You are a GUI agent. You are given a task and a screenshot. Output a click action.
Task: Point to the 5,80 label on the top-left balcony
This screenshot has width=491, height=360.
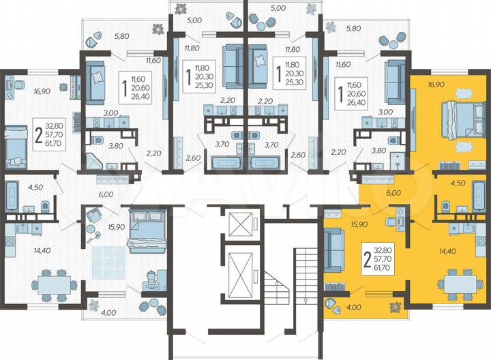pyautogui.click(x=123, y=35)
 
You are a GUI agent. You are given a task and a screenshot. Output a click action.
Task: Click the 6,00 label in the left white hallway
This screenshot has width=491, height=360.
pyautogui.click(x=105, y=194)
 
